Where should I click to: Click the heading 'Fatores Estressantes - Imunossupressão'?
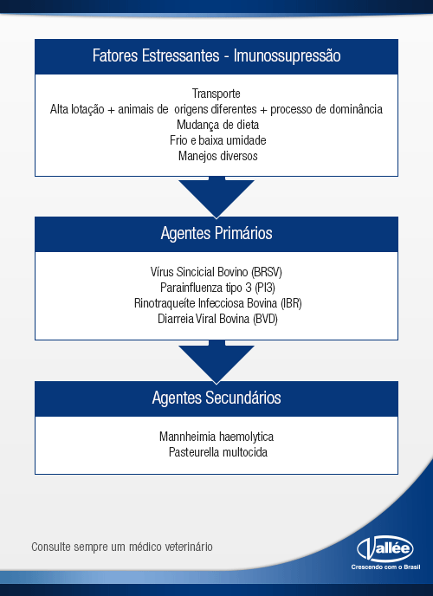216,55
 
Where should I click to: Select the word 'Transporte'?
216,94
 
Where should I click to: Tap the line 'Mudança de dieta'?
218,125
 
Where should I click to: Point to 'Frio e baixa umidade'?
218,140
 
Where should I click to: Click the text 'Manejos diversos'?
218,156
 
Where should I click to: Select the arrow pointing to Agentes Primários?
216,198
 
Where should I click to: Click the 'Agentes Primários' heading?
216,233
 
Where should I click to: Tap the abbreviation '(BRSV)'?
266,272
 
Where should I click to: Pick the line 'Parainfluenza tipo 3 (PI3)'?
217,288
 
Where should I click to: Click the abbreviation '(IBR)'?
291,303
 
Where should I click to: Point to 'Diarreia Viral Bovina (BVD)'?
217,319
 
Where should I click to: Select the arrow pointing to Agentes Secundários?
216,362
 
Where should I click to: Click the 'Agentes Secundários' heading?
216,398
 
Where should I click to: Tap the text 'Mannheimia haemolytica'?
216,437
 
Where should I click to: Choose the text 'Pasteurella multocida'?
218,452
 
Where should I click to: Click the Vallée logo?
385,549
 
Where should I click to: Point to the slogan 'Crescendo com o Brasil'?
385,567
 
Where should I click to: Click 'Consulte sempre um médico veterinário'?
122,547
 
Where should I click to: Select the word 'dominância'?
356,109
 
